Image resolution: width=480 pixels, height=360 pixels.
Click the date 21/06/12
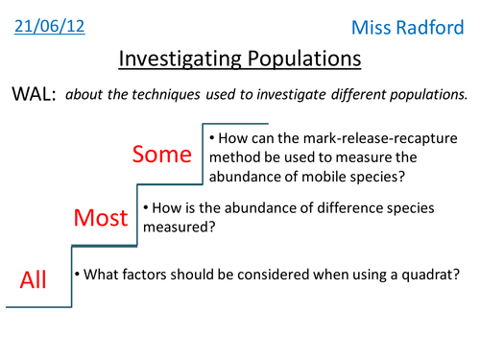coord(50,27)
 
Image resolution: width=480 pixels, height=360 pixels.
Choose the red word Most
coord(101,218)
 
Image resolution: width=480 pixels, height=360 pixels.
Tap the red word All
coord(33,279)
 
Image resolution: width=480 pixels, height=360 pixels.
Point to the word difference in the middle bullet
coord(342,206)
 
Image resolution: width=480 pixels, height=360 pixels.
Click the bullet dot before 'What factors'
coord(77,275)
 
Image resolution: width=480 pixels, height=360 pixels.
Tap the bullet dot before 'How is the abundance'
coord(146,206)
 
